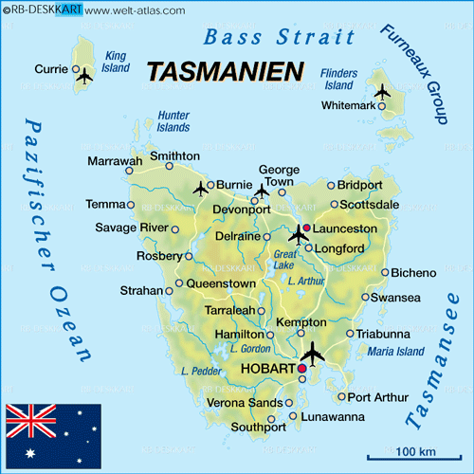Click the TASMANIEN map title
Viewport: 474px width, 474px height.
(225, 72)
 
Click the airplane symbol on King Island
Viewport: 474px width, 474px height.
(84, 76)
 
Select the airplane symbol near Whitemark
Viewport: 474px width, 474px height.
(382, 92)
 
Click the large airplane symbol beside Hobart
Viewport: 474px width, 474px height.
(311, 354)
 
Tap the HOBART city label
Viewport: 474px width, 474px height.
(268, 368)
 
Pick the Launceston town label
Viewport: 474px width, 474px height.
(345, 229)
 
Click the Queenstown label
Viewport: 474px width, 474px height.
(221, 283)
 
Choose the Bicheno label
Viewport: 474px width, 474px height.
(414, 272)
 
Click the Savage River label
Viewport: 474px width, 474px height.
(131, 228)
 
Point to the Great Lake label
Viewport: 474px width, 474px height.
(285, 261)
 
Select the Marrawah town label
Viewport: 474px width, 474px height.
(115, 161)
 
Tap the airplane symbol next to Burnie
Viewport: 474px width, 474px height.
(200, 188)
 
